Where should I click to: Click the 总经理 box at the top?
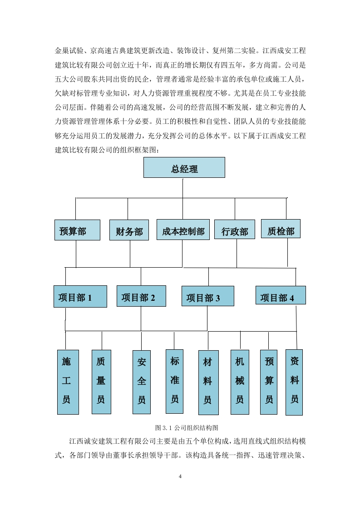[x=184, y=167]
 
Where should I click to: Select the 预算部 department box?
[x=77, y=230]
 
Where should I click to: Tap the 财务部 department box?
[x=129, y=230]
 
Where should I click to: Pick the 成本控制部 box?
[x=183, y=230]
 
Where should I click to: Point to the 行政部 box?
[x=235, y=230]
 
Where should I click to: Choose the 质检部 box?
[x=281, y=229]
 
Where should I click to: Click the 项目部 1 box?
[x=80, y=296]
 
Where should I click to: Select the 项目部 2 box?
[x=141, y=296]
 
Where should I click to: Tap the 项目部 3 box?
[x=207, y=296]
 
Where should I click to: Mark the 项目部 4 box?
[x=281, y=295]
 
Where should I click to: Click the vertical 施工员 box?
[x=68, y=382]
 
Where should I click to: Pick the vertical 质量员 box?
[x=101, y=382]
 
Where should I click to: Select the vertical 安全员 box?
[x=142, y=382]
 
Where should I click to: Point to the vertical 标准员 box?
[x=174, y=382]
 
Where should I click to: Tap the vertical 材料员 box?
[x=208, y=383]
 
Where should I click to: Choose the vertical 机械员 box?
[x=240, y=382]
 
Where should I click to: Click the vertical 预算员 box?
[x=269, y=382]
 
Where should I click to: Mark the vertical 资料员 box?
[x=294, y=382]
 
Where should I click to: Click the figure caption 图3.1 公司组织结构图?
[x=187, y=428]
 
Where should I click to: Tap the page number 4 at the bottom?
[x=180, y=476]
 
